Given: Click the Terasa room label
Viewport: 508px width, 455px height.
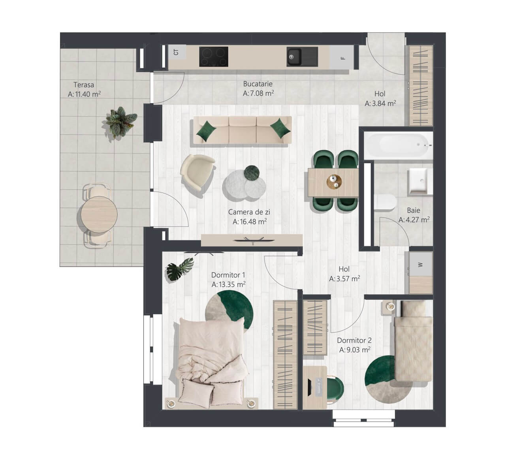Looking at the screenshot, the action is coord(84,85).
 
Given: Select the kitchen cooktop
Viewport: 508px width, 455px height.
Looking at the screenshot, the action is coord(214,56).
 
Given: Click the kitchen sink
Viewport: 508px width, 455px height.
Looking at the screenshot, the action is coord(303,56).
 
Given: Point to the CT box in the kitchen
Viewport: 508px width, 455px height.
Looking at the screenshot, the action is coord(177,52).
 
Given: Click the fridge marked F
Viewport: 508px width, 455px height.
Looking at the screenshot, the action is coord(342,58).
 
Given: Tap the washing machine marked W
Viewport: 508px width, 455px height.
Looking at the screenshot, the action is coord(420,265).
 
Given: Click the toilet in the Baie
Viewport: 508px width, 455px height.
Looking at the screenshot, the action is coord(385,202).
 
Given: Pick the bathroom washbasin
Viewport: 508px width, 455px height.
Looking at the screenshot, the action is coord(420,181).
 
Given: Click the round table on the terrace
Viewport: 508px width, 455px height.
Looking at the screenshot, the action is coord(99,214).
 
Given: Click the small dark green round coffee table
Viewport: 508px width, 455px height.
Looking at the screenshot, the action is coord(252,173).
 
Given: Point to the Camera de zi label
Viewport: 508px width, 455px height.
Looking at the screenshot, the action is coord(249,212).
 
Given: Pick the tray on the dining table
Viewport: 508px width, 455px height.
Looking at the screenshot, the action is coord(334,182).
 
